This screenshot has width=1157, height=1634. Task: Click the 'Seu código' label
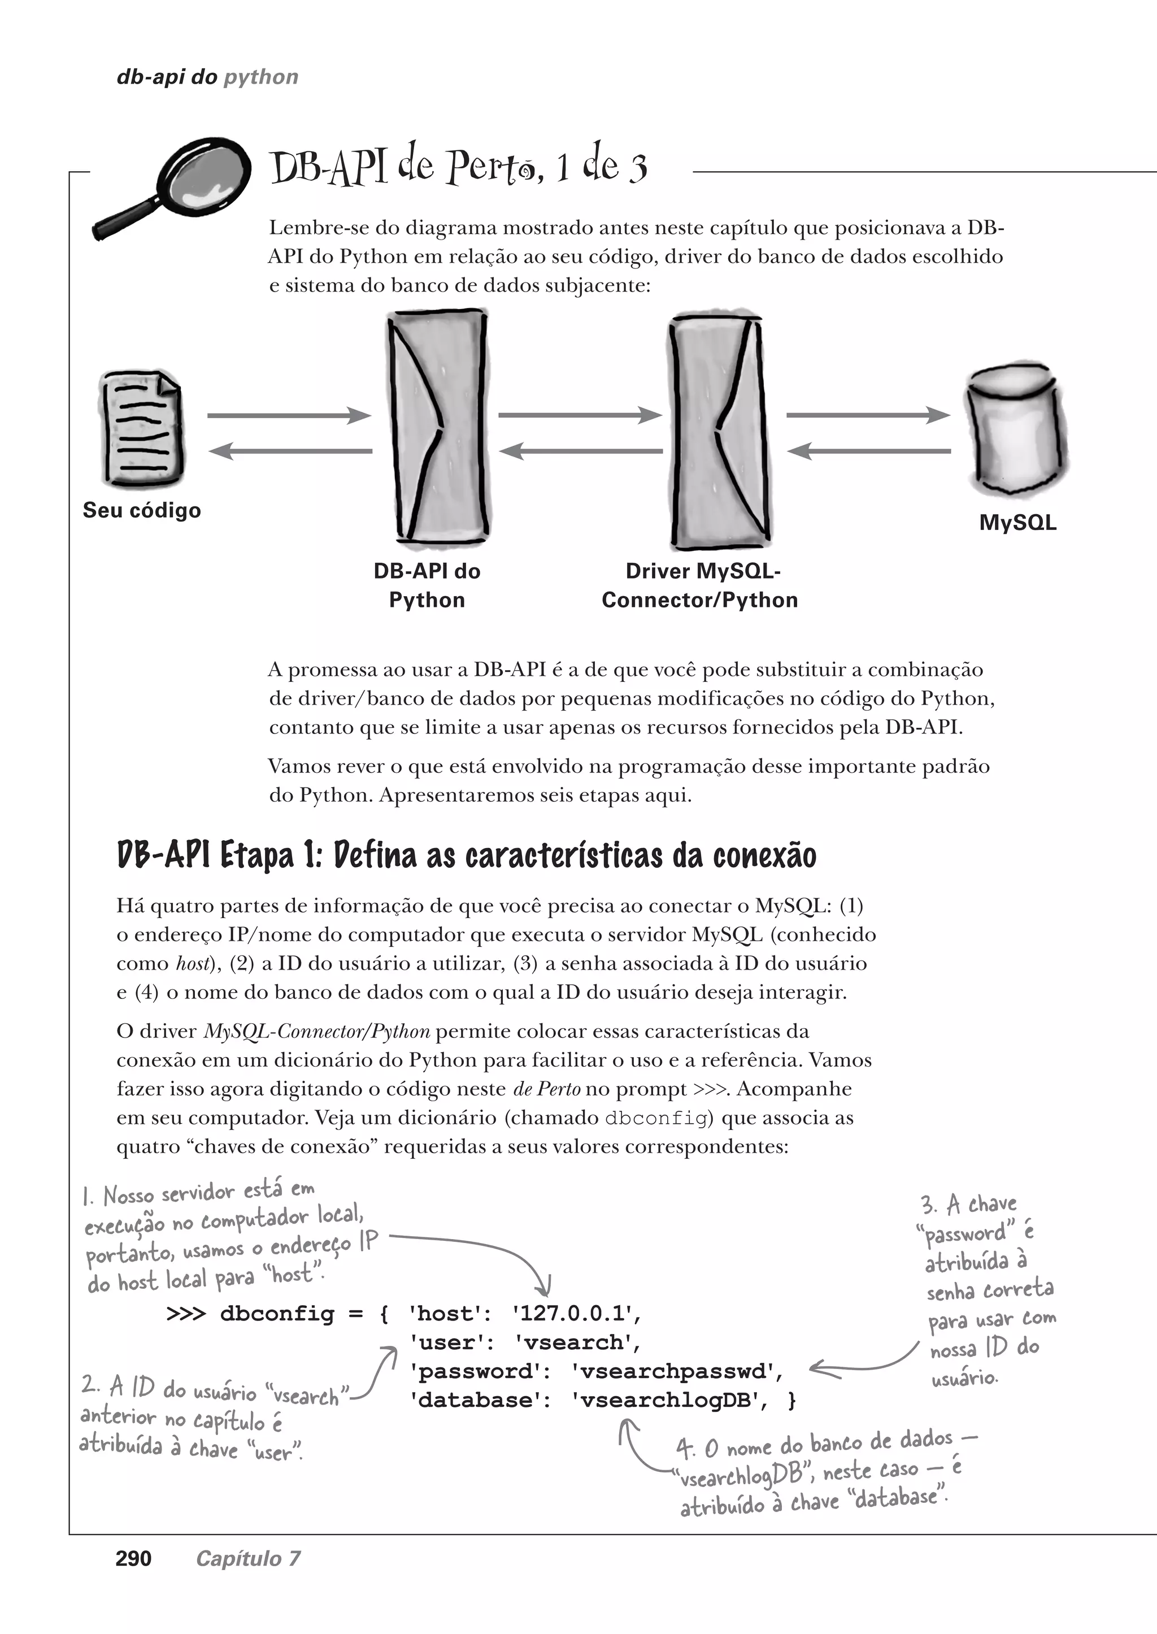coord(142,510)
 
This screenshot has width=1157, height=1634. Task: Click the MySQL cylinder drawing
coord(1017,431)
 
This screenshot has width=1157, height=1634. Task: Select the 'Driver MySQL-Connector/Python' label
coord(699,585)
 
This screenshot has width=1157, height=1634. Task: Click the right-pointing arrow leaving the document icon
coord(289,415)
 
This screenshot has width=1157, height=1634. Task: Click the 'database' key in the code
coord(475,1400)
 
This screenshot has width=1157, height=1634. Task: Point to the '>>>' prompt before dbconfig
coord(185,1313)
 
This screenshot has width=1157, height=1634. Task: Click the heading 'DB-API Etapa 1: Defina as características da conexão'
coord(467,855)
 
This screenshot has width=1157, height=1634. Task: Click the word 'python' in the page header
coord(261,77)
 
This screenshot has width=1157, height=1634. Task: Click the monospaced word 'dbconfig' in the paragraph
coord(655,1118)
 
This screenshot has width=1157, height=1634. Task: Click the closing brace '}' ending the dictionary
coord(791,1400)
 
